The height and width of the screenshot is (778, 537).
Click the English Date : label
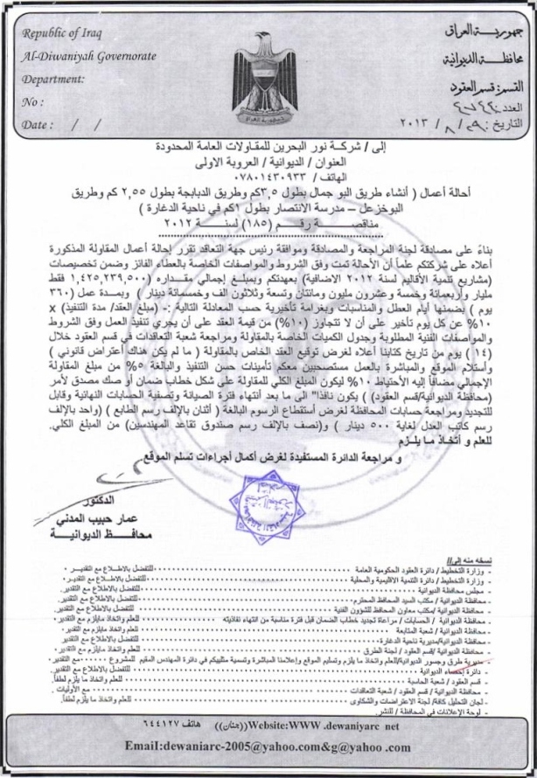click(38, 124)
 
